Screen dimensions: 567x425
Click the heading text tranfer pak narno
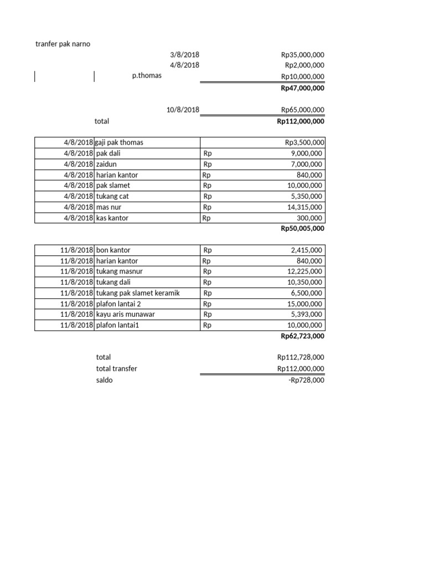pos(63,44)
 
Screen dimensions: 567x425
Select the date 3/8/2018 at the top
pos(185,55)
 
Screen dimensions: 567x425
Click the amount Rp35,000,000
pos(302,55)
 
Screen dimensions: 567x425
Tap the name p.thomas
pos(147,76)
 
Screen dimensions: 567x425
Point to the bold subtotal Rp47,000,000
pos(302,88)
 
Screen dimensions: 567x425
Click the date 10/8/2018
pos(183,110)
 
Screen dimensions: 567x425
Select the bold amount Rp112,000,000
pos(300,121)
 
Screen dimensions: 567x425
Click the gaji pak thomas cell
pos(120,142)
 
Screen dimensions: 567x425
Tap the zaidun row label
pos(107,164)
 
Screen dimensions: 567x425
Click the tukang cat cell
pos(112,196)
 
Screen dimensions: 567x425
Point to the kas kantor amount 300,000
pos(313,218)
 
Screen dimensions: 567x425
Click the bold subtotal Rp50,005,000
pos(302,229)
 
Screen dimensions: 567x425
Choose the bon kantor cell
pos(113,250)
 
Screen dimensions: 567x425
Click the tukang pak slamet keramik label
pos(138,293)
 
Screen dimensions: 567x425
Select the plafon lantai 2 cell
pos(118,304)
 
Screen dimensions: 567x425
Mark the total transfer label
pos(116,369)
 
